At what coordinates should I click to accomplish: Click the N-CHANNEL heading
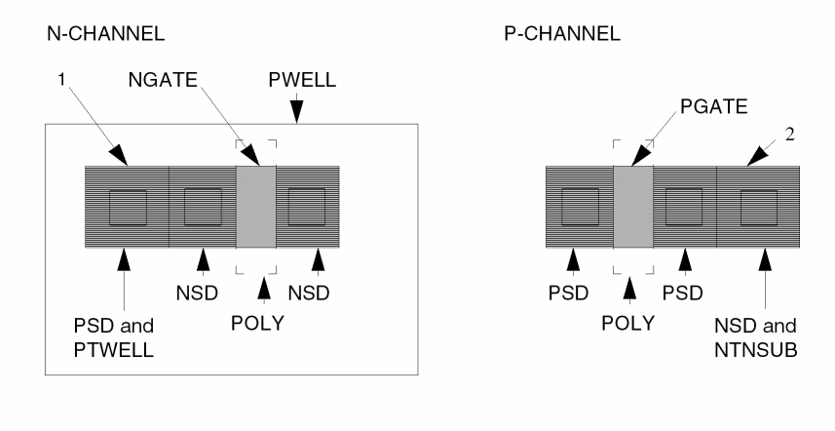coord(105,35)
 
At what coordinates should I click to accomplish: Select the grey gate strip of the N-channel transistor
coord(256,207)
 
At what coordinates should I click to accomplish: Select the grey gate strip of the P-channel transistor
coord(633,207)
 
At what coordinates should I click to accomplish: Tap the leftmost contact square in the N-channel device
coord(128,208)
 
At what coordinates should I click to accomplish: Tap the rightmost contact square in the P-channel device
coord(758,208)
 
